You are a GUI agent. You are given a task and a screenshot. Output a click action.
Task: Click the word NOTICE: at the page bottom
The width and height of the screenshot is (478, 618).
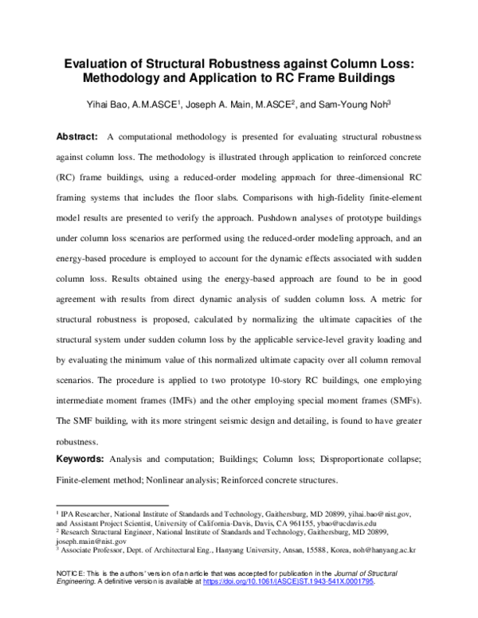point(67,574)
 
